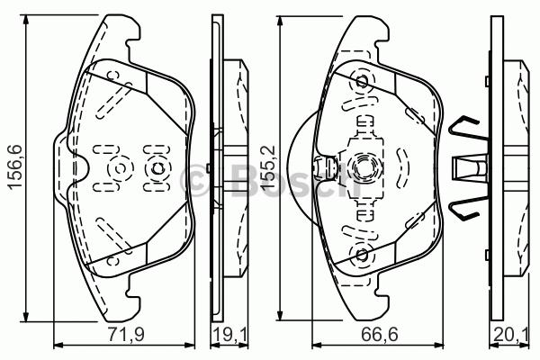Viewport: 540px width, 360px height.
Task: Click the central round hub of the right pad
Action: [364, 166]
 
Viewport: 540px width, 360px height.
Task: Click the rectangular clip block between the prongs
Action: [466, 168]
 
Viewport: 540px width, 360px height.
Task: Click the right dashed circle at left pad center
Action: [156, 168]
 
